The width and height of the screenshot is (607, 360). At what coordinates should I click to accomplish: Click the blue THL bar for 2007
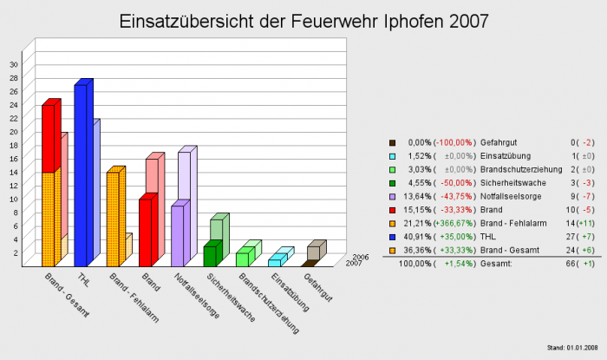pyautogui.click(x=80, y=173)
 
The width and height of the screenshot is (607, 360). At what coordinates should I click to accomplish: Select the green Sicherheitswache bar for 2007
pyautogui.click(x=208, y=257)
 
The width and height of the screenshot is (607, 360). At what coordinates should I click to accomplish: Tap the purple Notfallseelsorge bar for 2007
pyautogui.click(x=177, y=235)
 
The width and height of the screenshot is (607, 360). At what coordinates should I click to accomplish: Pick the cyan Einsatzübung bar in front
pyautogui.click(x=273, y=262)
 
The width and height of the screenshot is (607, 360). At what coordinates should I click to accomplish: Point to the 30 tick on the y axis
pyautogui.click(x=13, y=64)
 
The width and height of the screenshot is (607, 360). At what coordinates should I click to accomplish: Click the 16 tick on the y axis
pyautogui.click(x=13, y=159)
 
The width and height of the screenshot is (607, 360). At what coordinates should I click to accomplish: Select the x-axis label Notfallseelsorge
pyautogui.click(x=189, y=295)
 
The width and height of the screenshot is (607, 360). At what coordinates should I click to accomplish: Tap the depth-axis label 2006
pyautogui.click(x=362, y=257)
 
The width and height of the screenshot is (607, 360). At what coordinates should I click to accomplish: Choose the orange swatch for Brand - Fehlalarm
pyautogui.click(x=392, y=222)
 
